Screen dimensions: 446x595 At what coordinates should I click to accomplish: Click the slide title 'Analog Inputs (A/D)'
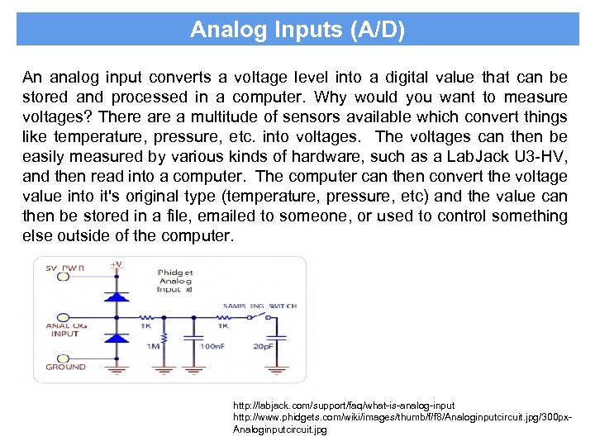(297, 30)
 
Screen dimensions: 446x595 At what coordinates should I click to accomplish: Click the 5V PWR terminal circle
(63, 277)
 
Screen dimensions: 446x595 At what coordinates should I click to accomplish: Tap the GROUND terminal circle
(63, 357)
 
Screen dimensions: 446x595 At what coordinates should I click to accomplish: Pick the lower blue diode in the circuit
(117, 338)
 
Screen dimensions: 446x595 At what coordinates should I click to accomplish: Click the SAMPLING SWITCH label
(259, 306)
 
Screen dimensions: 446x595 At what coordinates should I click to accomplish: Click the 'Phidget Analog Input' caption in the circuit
(176, 281)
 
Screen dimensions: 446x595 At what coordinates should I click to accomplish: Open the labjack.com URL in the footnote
(344, 406)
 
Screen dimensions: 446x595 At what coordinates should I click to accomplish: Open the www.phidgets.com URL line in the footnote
(400, 418)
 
